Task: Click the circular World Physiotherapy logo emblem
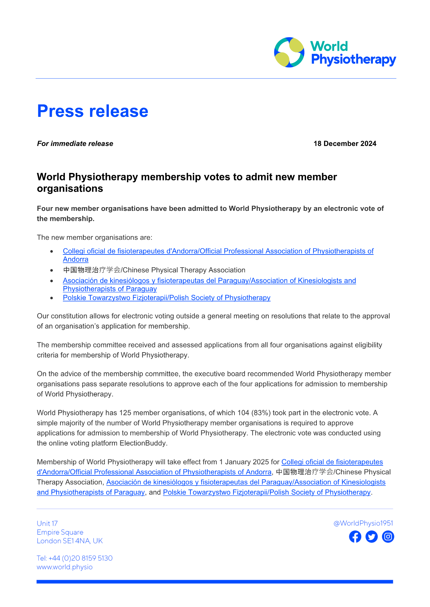tap(289, 52)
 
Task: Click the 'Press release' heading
tap(92, 111)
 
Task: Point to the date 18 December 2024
tap(345, 144)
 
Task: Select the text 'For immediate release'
tap(75, 144)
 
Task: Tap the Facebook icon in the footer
tap(355, 536)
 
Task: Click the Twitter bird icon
tap(372, 536)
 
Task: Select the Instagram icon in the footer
tap(388, 536)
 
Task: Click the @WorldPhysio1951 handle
tap(363, 523)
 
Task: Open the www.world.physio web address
tap(64, 567)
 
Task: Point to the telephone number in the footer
tap(75, 558)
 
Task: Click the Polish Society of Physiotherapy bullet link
tap(167, 298)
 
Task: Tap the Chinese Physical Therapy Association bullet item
tap(154, 270)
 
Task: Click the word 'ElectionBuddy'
tap(143, 443)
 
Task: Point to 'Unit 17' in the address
tap(47, 523)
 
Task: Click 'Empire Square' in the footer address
tap(60, 532)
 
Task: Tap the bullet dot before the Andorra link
tap(51, 251)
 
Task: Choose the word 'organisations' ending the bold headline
tap(70, 189)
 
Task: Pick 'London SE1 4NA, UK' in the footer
tap(70, 541)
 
